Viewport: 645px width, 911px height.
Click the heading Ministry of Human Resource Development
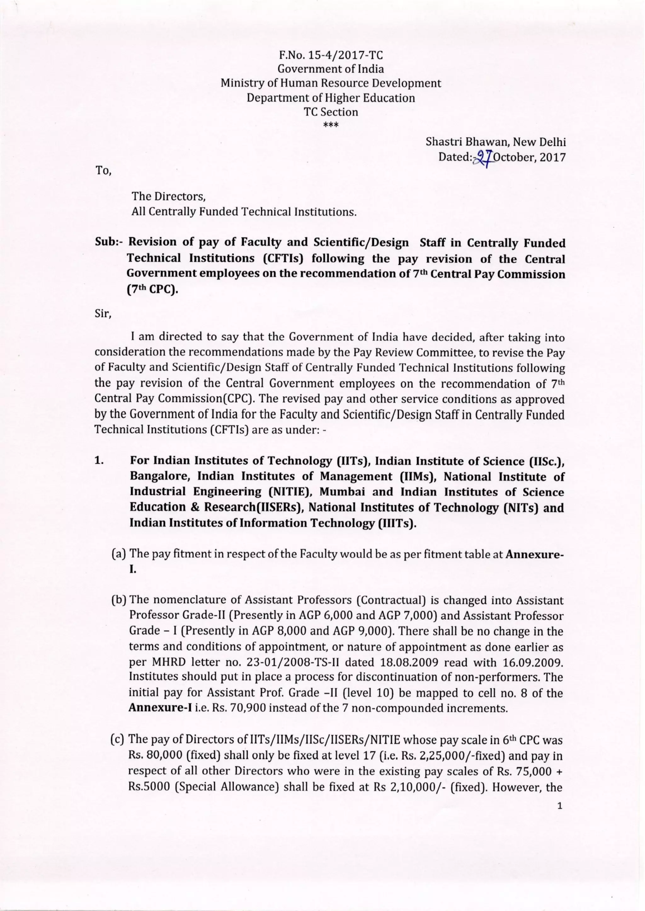(x=330, y=83)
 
